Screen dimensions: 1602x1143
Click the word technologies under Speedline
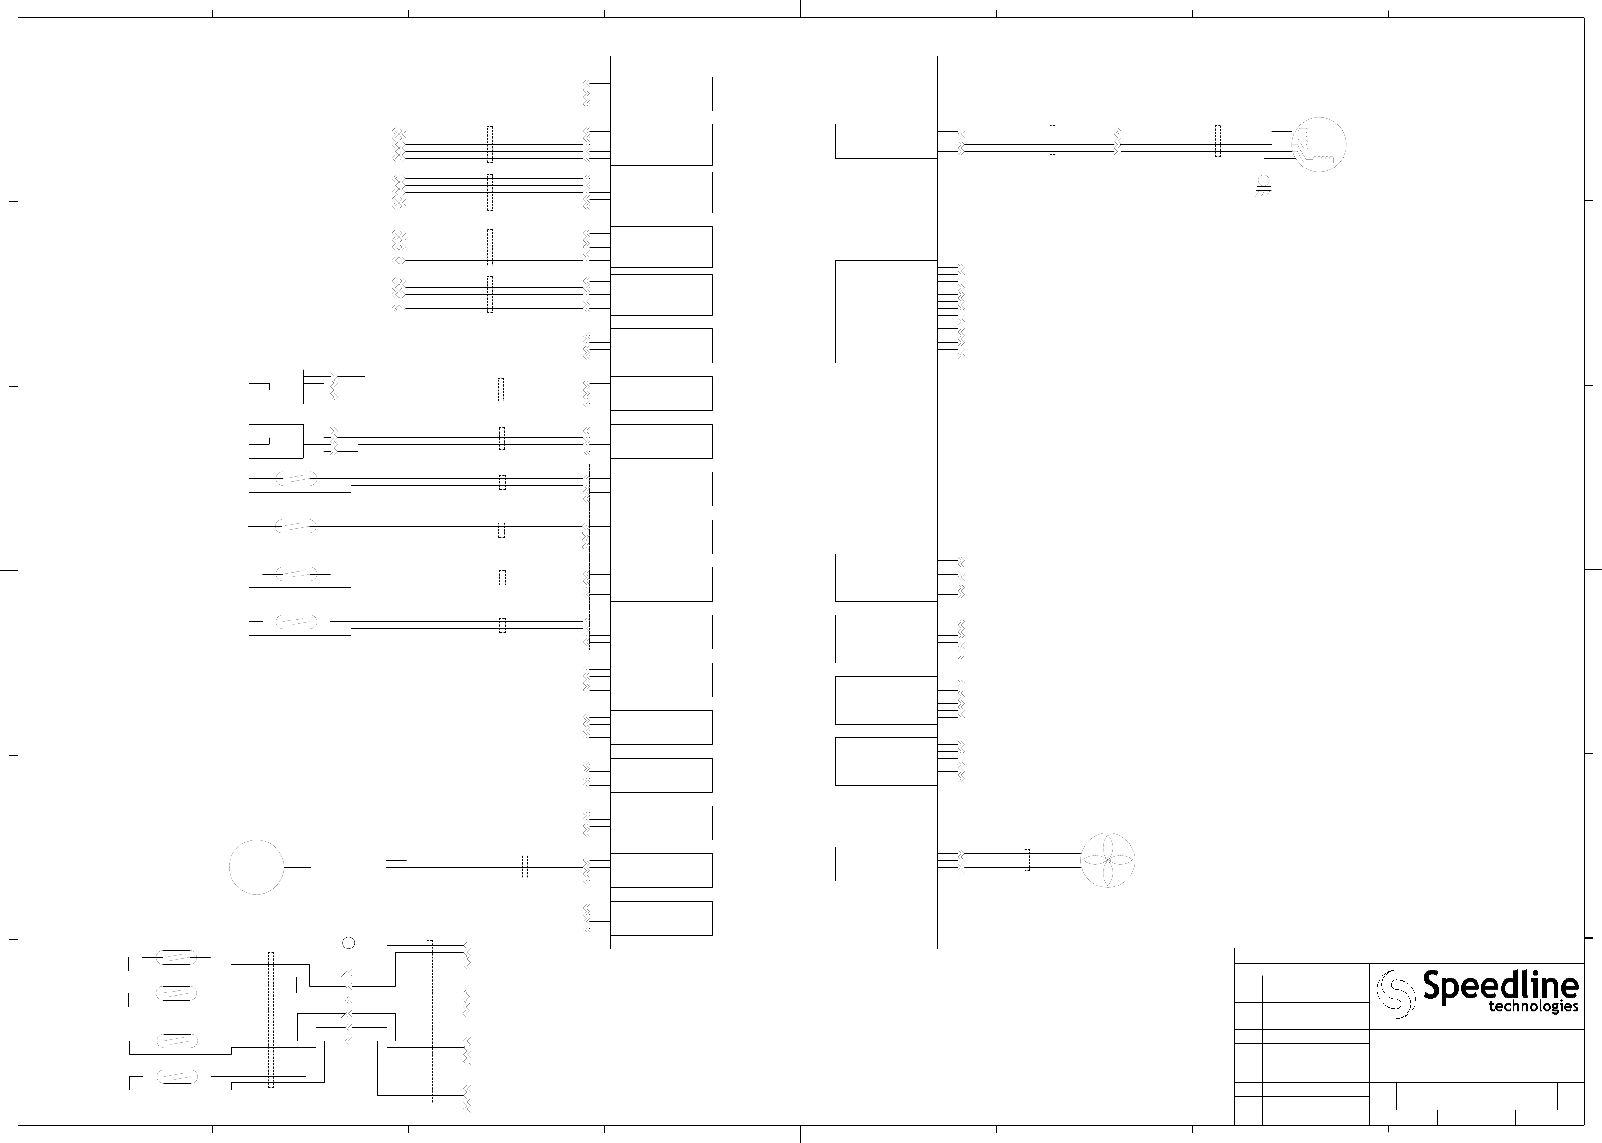tap(1533, 1007)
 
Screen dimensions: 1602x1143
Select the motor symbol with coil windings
tap(1319, 144)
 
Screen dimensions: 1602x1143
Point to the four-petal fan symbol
tap(1107, 860)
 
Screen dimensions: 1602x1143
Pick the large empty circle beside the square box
tap(256, 867)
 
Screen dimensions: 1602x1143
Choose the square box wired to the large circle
tap(348, 867)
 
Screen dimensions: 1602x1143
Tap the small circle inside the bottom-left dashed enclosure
tap(347, 942)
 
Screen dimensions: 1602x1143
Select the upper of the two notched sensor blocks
tap(276, 386)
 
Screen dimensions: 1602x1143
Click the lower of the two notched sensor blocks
tap(276, 441)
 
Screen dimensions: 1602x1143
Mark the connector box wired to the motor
tap(885, 142)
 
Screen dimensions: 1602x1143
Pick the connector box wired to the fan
tap(885, 864)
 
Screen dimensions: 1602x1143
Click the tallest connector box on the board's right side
tap(885, 312)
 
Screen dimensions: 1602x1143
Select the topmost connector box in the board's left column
tap(661, 94)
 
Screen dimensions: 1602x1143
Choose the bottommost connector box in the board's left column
tap(661, 919)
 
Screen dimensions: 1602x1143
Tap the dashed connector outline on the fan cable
tap(1027, 859)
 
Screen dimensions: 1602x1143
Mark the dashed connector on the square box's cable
tap(525, 867)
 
